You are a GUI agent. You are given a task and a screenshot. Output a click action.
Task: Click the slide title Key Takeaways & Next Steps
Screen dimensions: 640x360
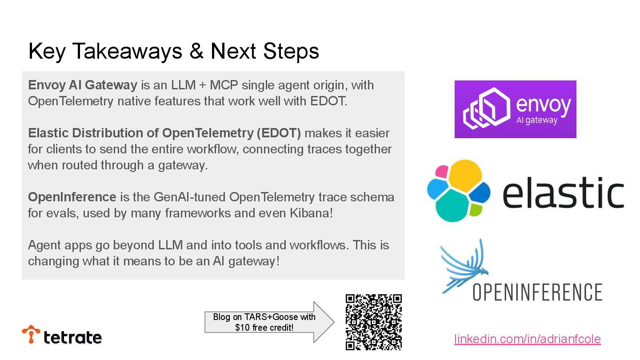pos(173,51)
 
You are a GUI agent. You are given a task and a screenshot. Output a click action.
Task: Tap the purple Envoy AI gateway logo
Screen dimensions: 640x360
pos(515,109)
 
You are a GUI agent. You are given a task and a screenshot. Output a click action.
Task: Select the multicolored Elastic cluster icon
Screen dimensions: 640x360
pos(458,190)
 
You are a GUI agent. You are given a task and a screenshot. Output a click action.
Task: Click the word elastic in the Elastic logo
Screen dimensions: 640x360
pos(563,192)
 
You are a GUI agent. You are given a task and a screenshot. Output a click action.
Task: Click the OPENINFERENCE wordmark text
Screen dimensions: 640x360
pos(537,292)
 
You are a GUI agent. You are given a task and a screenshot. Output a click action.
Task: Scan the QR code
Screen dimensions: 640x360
pos(373,322)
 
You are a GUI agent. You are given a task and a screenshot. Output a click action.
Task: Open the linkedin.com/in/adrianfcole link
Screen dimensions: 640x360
pos(527,339)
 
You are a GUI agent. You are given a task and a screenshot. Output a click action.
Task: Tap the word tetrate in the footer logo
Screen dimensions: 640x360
pos(72,337)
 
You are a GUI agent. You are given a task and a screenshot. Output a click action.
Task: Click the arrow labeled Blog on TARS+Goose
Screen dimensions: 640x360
pos(269,322)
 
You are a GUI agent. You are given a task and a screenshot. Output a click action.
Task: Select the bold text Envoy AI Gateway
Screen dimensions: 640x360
pos(83,85)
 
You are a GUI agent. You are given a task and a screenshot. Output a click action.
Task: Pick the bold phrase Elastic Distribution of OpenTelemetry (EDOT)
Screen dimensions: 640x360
pos(164,133)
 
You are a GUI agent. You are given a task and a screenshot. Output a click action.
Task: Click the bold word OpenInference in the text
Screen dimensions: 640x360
pos(72,197)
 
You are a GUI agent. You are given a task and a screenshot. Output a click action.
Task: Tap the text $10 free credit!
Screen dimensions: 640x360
pos(264,328)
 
